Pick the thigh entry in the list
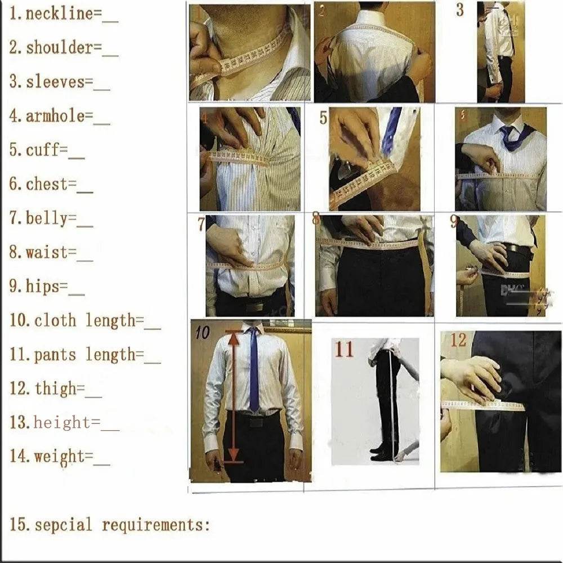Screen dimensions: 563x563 (55, 388)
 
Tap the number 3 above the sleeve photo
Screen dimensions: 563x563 (460, 10)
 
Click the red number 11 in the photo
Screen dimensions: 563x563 (344, 349)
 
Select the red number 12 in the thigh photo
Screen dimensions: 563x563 (458, 340)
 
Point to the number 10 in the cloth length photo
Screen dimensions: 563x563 (202, 333)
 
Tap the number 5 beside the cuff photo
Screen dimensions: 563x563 (323, 118)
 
